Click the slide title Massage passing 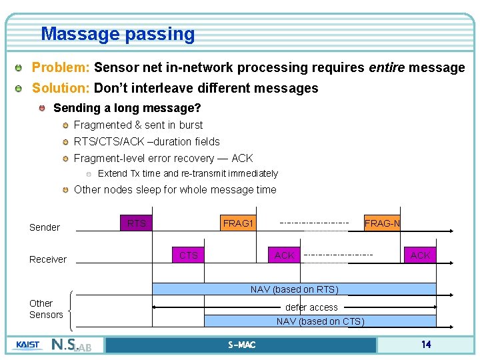pyautogui.click(x=117, y=33)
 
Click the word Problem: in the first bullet pyautogui.click(x=61, y=67)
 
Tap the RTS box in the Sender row pyautogui.click(x=137, y=223)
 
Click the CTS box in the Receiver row pyautogui.click(x=189, y=255)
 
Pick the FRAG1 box pyautogui.click(x=238, y=223)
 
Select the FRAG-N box pyautogui.click(x=382, y=223)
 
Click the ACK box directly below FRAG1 pyautogui.click(x=285, y=255)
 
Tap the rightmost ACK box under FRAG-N pyautogui.click(x=420, y=255)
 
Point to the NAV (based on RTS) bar pyautogui.click(x=294, y=289)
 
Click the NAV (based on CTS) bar pyautogui.click(x=320, y=321)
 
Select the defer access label pyautogui.click(x=311, y=307)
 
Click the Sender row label pyautogui.click(x=45, y=227)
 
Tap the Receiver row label pyautogui.click(x=48, y=259)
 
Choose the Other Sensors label pyautogui.click(x=46, y=309)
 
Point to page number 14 pyautogui.click(x=425, y=345)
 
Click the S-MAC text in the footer pyautogui.click(x=241, y=345)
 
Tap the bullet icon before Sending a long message pyautogui.click(x=43, y=108)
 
